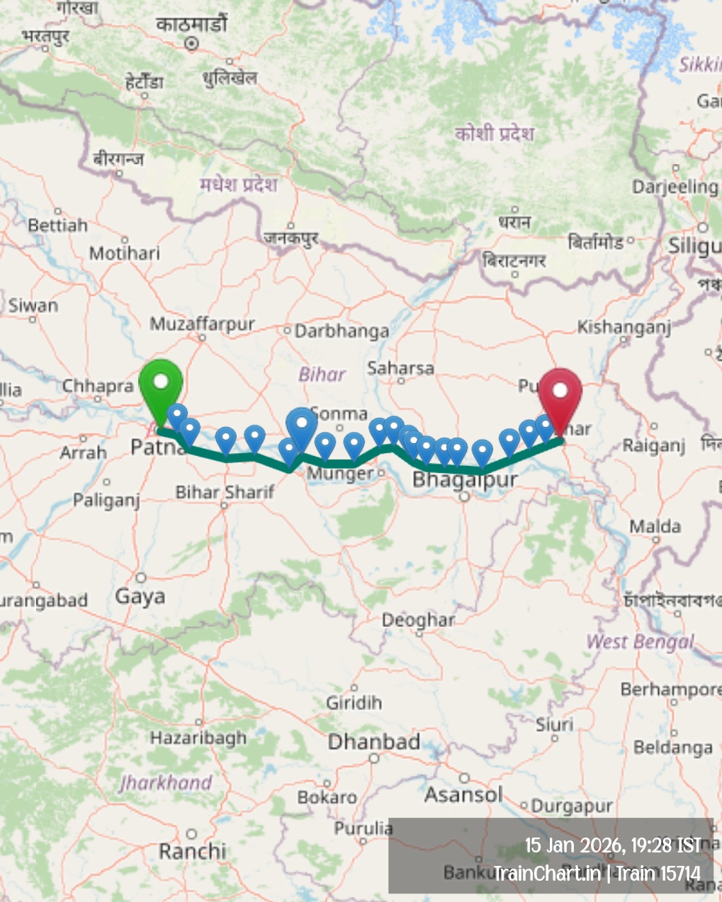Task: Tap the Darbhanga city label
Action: coord(342,331)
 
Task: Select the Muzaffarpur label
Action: coord(202,324)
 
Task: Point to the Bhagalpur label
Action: coord(465,479)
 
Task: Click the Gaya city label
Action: coord(140,596)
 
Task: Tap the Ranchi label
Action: coord(192,850)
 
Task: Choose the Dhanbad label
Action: coord(374,741)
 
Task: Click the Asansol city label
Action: coord(463,794)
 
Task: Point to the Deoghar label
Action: coord(418,620)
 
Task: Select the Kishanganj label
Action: coord(624,326)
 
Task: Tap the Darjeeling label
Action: coord(675,187)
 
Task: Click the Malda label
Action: coord(655,526)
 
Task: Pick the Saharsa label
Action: coord(400,367)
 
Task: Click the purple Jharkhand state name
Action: coord(166,782)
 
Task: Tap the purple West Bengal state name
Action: coord(640,642)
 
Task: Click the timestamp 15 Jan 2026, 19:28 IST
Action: coord(612,845)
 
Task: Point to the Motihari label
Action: coord(125,253)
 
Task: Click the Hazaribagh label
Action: coord(198,738)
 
